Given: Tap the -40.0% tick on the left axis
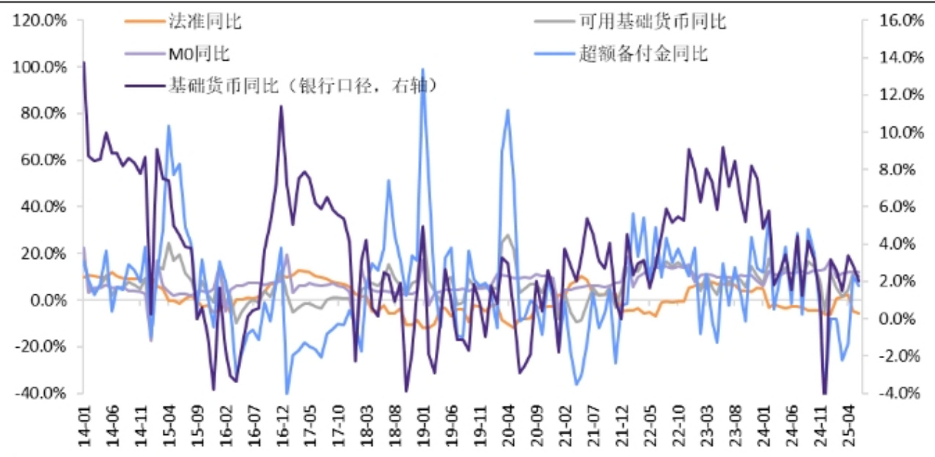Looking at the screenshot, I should click(42, 393).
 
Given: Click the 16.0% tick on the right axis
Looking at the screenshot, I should click(901, 21).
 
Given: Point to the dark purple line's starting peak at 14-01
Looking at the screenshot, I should click(84, 63).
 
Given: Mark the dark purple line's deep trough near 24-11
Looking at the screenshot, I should click(824, 393).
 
